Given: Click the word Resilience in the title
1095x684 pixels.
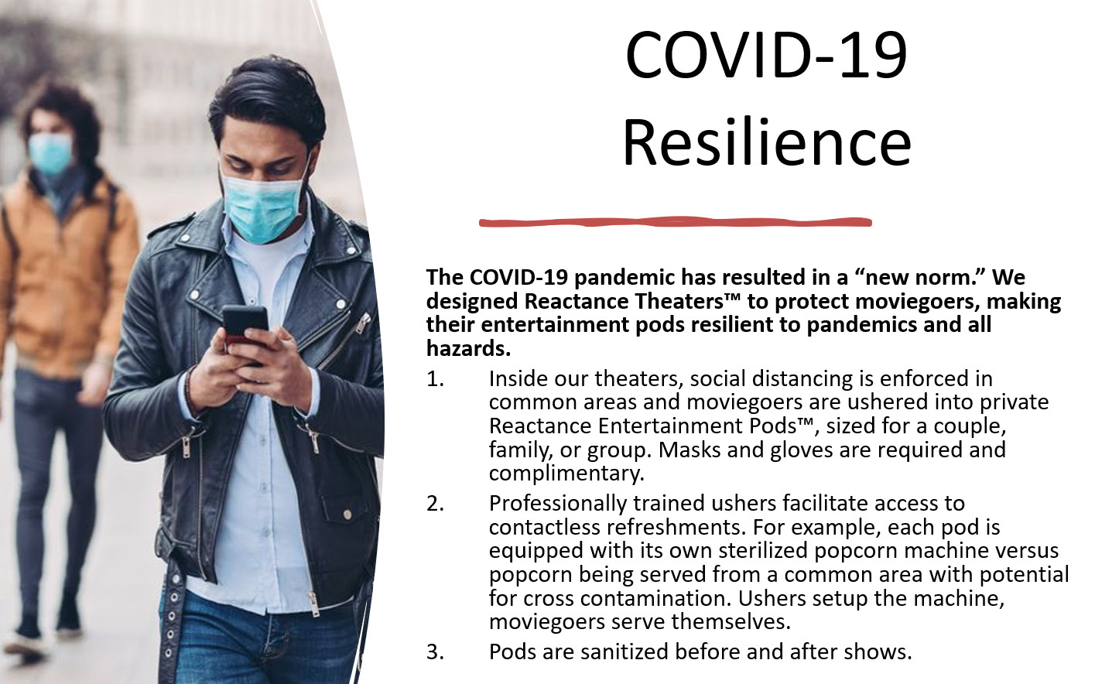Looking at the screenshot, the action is point(766,143).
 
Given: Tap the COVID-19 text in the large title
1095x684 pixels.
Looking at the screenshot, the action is point(766,55).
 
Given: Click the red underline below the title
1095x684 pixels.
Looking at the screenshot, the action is point(675,223).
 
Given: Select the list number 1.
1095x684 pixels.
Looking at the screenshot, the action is point(435,379).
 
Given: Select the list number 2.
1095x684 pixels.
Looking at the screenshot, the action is point(435,503).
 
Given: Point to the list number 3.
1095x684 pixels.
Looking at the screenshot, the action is point(435,652).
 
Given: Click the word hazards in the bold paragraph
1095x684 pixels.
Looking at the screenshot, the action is point(468,348).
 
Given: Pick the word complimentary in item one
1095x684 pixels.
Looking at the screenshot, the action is point(566,474).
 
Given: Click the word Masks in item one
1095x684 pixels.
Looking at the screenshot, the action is point(690,450).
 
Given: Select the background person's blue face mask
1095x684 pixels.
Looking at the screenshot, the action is point(50,153).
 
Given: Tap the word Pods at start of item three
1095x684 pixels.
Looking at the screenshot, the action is point(513,652).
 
